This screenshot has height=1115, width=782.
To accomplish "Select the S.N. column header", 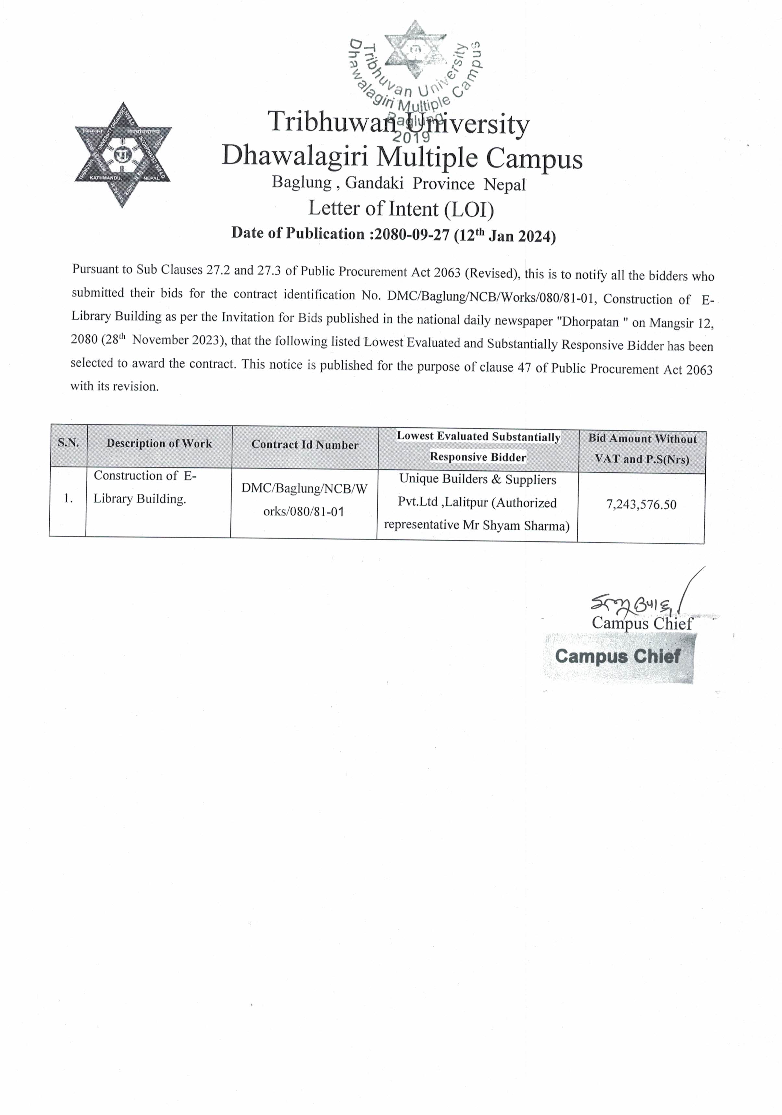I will [x=68, y=443].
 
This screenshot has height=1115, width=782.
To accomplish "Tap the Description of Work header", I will [x=159, y=443].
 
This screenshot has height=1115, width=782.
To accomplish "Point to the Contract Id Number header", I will [x=305, y=445].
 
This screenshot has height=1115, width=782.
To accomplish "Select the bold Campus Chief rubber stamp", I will [x=618, y=657].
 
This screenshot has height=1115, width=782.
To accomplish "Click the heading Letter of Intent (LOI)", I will [x=401, y=209].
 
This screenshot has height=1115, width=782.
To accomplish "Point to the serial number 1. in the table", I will [x=68, y=499].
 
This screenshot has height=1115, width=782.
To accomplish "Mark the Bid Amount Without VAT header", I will [x=642, y=439].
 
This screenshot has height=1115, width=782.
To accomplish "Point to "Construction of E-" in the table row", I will [x=145, y=476].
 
